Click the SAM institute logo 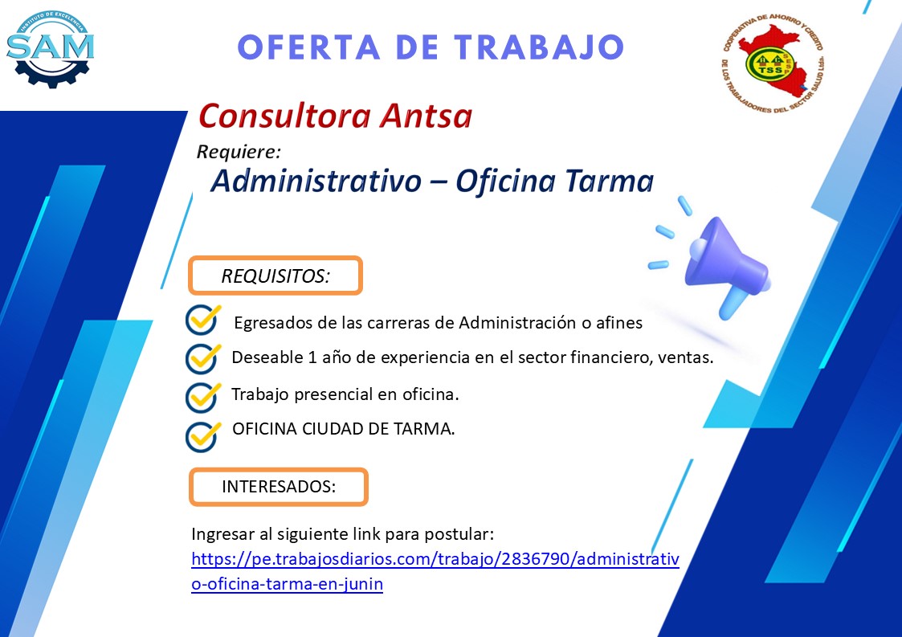[50, 50]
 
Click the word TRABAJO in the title [539, 47]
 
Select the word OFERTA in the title [309, 47]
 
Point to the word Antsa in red [426, 116]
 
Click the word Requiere [239, 151]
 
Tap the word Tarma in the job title [609, 181]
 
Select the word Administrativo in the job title [316, 181]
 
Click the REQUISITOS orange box [275, 276]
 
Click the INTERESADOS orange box [279, 487]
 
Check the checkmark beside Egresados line [203, 320]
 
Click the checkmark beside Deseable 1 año [203, 358]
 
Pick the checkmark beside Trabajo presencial [203, 397]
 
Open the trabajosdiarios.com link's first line [435, 559]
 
